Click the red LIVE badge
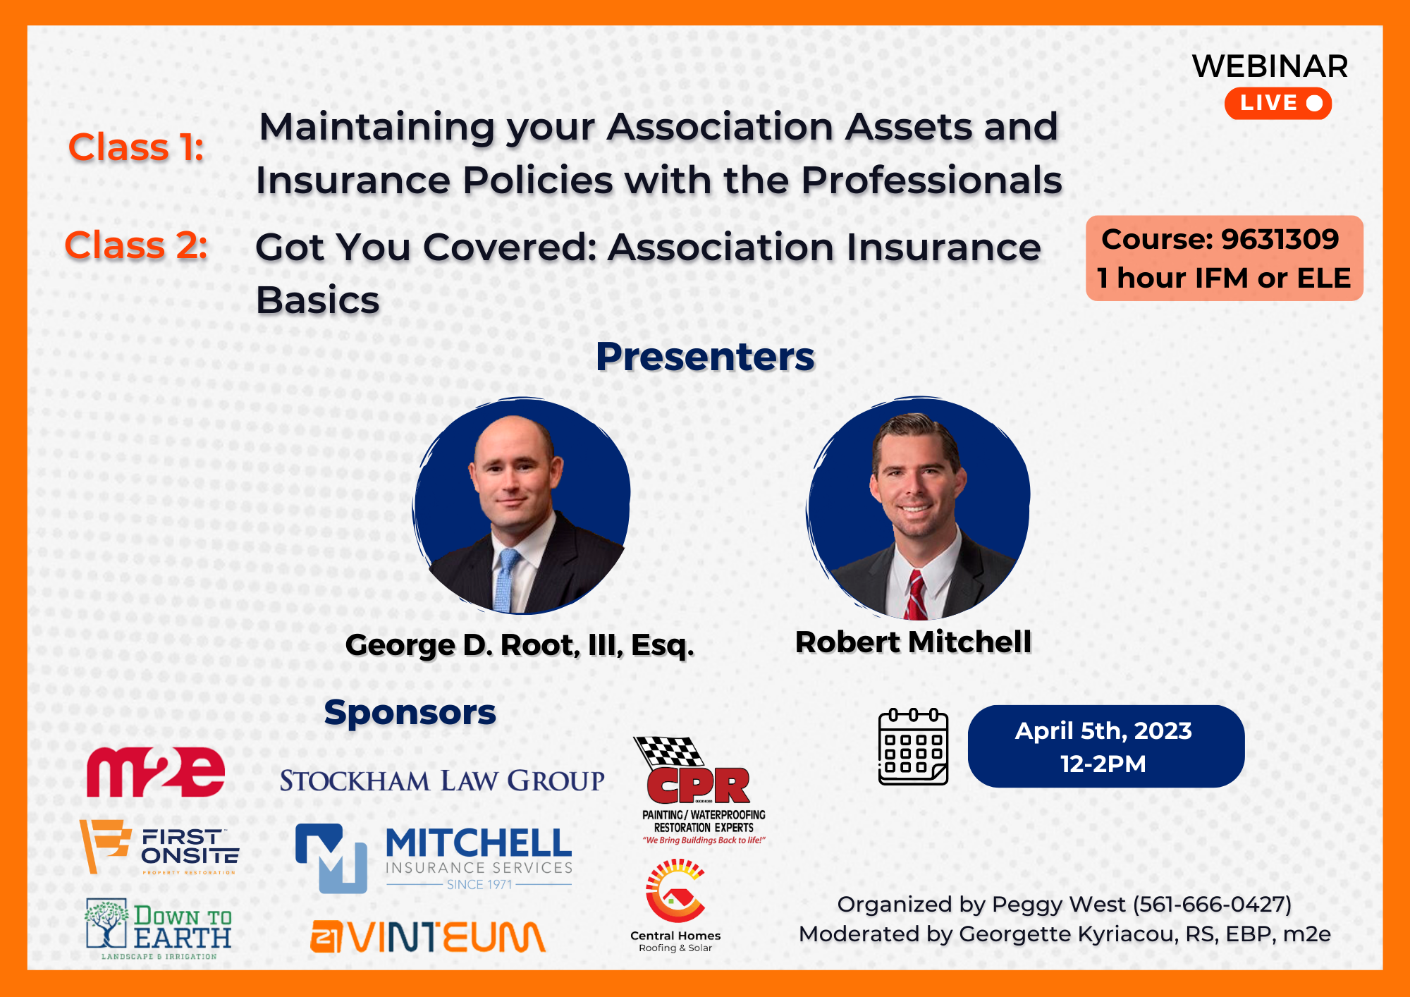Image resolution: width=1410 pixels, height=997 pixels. click(x=1277, y=103)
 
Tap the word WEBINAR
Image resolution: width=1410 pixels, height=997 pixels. click(x=1270, y=66)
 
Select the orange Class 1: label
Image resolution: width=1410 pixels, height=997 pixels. click(x=136, y=147)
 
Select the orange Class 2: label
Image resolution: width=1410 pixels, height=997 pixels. click(x=136, y=245)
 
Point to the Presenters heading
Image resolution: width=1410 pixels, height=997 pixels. click(x=705, y=356)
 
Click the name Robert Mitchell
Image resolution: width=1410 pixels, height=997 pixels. click(x=913, y=642)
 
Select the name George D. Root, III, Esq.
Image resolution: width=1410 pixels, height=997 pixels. click(x=520, y=645)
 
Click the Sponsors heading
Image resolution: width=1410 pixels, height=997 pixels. click(x=410, y=712)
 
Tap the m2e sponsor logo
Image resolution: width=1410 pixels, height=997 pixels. click(x=156, y=771)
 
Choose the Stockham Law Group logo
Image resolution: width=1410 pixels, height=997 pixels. click(x=442, y=781)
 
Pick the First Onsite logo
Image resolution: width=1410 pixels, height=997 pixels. click(x=159, y=847)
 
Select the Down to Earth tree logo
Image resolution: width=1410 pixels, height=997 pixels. click(x=159, y=929)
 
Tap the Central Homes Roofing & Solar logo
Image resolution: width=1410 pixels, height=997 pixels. click(x=675, y=906)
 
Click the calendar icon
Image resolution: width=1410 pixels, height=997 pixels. click(x=913, y=747)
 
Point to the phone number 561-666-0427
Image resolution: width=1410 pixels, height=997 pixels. click(x=1212, y=905)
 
